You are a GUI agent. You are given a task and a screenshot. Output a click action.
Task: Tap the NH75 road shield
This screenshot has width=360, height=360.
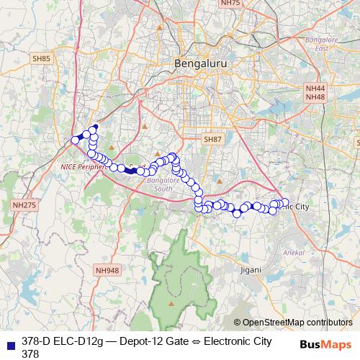[230, 4]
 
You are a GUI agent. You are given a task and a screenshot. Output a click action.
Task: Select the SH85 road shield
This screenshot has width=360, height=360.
[41, 58]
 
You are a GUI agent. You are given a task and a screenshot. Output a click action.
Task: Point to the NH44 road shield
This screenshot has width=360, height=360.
[315, 88]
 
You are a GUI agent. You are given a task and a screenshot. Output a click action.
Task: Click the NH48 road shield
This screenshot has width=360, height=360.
[315, 96]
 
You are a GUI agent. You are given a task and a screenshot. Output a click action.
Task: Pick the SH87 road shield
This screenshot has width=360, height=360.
[213, 139]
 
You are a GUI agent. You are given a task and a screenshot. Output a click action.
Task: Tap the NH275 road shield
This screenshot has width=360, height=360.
[24, 206]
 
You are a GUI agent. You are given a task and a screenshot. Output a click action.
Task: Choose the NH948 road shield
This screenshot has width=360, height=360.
[106, 271]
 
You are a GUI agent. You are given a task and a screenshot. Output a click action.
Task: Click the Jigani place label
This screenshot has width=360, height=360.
[251, 269]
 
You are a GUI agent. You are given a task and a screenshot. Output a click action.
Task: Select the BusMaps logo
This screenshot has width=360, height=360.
[325, 344]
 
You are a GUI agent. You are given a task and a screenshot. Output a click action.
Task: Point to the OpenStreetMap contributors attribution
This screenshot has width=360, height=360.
[293, 323]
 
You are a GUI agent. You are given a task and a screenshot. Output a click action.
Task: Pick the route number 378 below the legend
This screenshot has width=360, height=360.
[30, 353]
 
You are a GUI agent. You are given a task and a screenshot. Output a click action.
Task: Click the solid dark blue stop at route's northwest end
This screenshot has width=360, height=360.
[96, 127]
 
